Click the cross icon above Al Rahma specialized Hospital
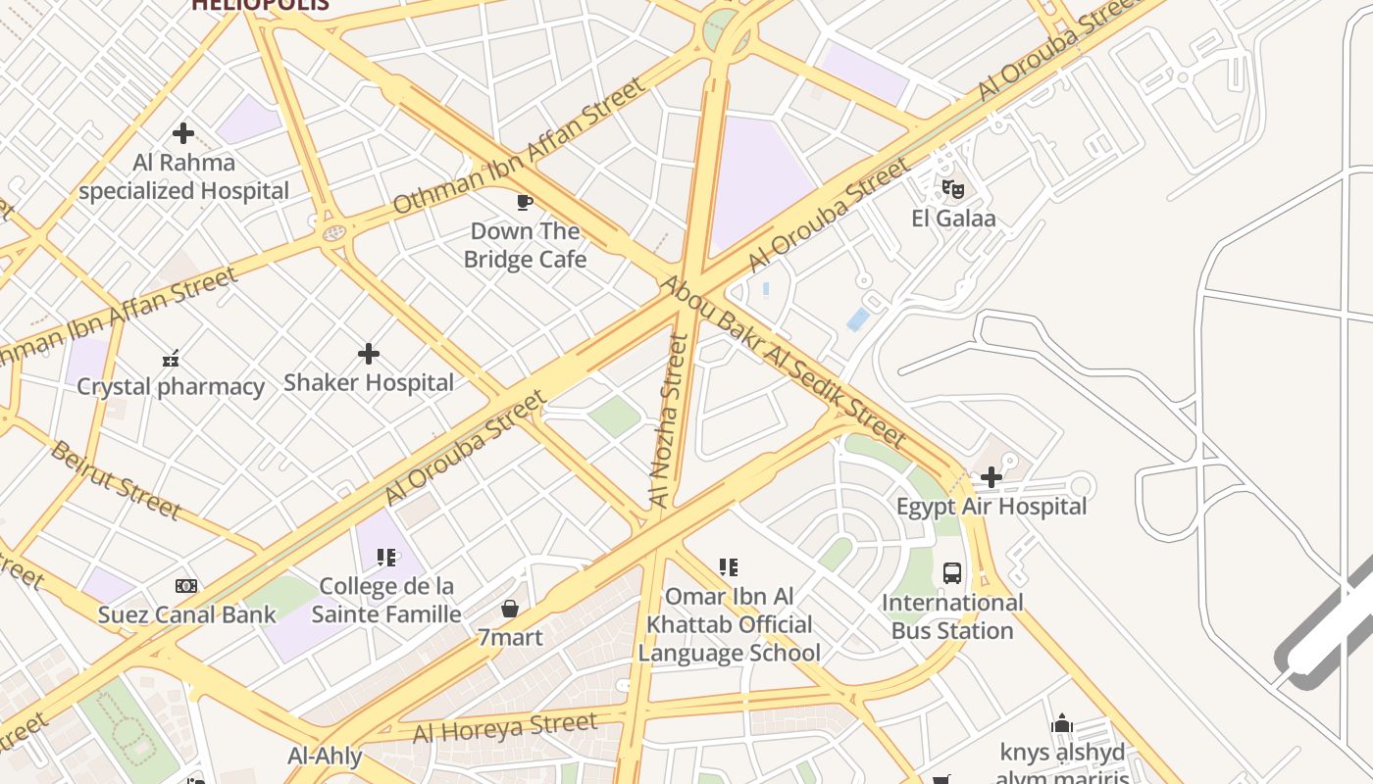pos(183,133)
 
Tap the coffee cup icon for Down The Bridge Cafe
pos(525,203)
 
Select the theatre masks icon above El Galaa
pos(952,189)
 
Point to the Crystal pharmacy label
pos(171,386)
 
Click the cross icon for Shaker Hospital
pos(369,353)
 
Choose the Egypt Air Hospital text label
pos(992,507)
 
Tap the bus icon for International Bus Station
pos(952,573)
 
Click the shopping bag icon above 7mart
pos(510,609)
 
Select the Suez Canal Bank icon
pos(186,586)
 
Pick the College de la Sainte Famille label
pos(386,601)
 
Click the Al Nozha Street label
pos(669,420)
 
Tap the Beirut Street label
pos(115,480)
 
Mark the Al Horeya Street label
pos(504,728)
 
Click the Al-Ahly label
pos(325,757)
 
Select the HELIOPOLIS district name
pos(260,5)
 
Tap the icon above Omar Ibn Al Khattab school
pos(728,567)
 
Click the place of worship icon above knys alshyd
pos(1062,724)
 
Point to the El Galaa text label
pos(953,219)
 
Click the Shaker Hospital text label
pos(369,382)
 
